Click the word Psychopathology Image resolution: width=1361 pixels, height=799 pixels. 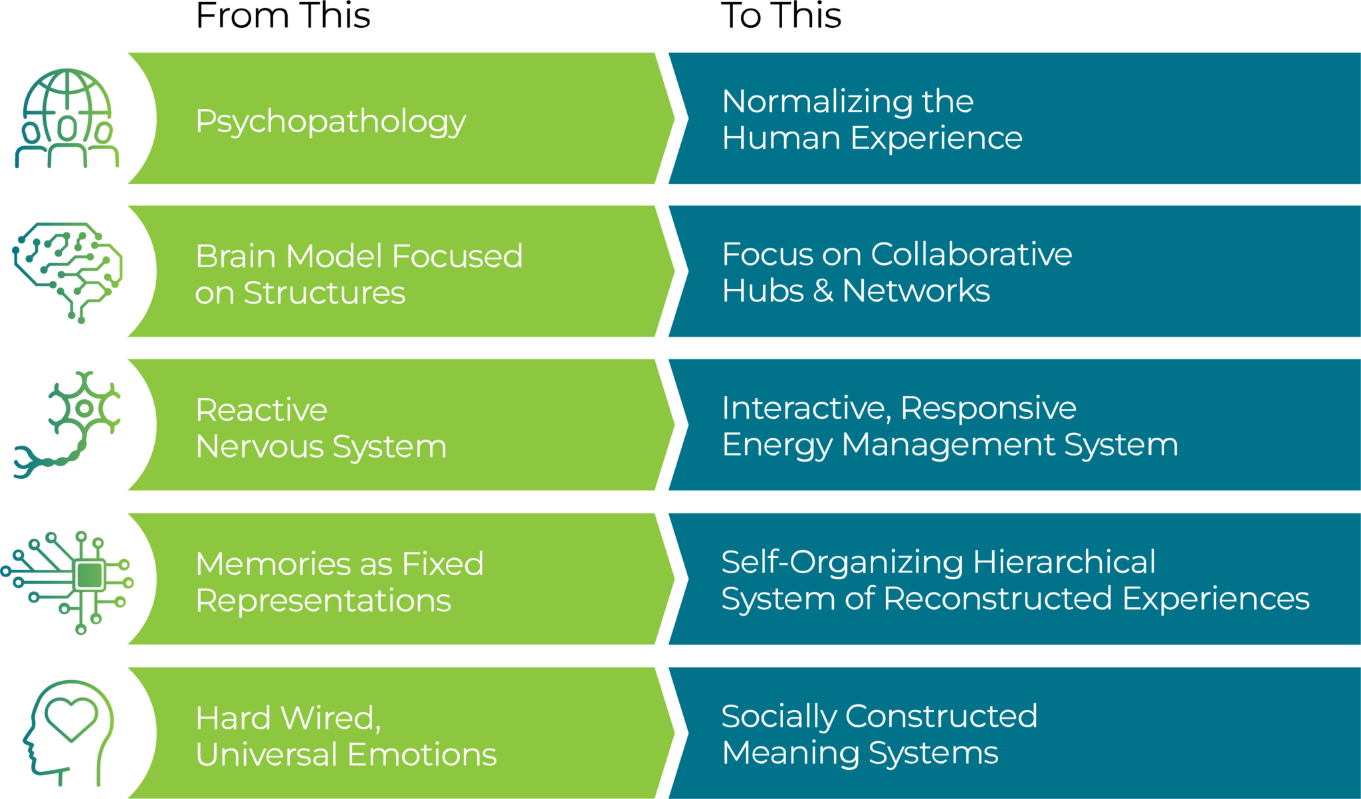click(x=330, y=122)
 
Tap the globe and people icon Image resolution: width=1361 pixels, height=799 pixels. click(x=66, y=118)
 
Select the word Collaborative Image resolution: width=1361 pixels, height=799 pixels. click(x=971, y=254)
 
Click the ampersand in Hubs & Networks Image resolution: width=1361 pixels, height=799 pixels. click(x=823, y=292)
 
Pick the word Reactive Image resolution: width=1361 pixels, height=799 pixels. click(x=261, y=410)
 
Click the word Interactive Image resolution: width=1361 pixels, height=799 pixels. click(x=805, y=408)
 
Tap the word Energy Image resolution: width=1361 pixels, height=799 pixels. click(x=776, y=445)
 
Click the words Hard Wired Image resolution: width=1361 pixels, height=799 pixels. click(x=288, y=719)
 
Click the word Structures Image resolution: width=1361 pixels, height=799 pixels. click(x=324, y=294)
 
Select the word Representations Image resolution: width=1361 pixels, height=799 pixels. click(x=323, y=601)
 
